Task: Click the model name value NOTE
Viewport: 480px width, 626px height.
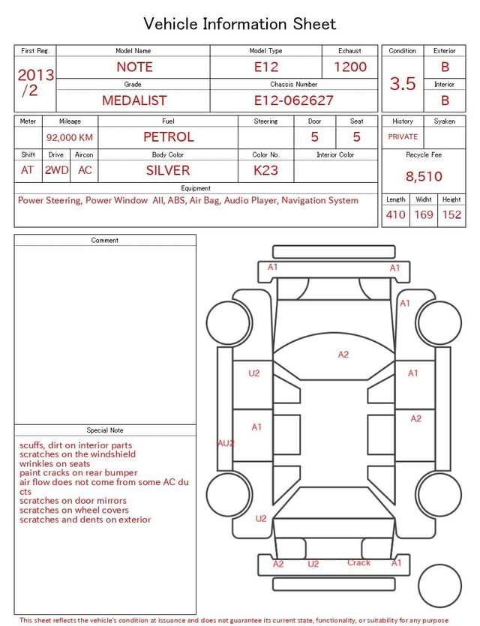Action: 134,67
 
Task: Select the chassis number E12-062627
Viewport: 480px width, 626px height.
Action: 293,100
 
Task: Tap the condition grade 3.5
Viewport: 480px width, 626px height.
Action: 403,84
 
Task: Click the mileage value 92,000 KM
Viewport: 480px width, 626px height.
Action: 70,137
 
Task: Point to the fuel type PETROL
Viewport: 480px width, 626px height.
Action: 169,137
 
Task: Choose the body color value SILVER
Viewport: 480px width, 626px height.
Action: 168,170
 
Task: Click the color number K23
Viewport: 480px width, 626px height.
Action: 265,170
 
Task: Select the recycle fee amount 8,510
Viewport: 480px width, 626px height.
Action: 424,176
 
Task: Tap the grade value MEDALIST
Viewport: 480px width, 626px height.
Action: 134,100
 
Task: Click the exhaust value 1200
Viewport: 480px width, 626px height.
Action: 350,67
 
